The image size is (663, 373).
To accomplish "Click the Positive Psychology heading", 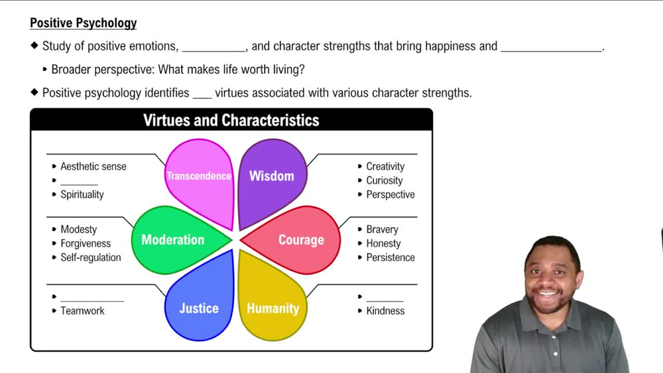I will (83, 23).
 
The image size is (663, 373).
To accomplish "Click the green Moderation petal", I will (173, 240).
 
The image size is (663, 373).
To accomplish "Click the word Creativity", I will (385, 167).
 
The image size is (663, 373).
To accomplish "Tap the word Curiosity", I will (385, 181).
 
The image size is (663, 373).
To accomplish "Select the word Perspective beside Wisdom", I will (391, 194).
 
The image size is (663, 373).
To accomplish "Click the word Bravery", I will (383, 230).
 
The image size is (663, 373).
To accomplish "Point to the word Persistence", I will (391, 258).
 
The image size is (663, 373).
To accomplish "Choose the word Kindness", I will (385, 311).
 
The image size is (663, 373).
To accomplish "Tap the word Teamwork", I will (82, 311).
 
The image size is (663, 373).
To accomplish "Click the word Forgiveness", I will (86, 244).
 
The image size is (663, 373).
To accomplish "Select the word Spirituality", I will (82, 194).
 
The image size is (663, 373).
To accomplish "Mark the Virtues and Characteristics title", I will (231, 120).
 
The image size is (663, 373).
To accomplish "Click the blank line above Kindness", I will (385, 299).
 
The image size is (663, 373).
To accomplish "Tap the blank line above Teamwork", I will (92, 299).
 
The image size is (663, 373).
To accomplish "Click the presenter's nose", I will (548, 281).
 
